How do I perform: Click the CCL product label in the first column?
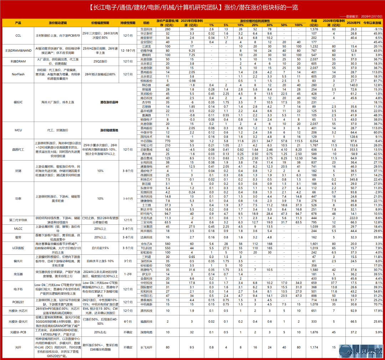(18, 36)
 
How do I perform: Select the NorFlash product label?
(18, 74)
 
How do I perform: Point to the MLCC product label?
(18, 229)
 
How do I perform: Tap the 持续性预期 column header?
(127, 22)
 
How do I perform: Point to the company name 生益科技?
(146, 29)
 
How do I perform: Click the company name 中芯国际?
(146, 141)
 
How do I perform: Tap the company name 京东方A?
(146, 243)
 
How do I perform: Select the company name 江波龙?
(146, 46)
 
